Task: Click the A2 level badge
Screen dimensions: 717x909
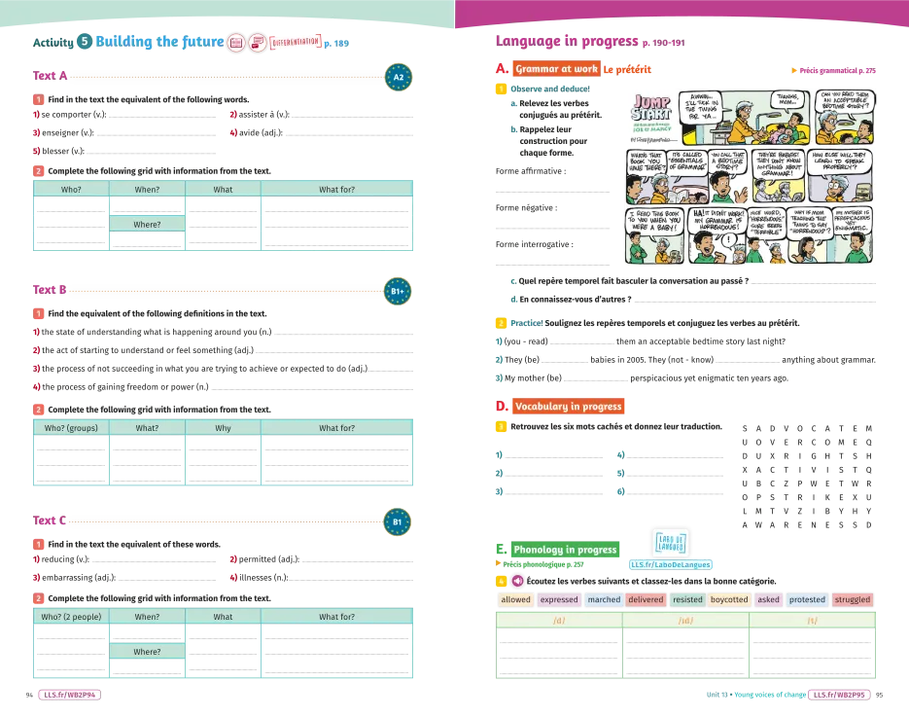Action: tap(398, 77)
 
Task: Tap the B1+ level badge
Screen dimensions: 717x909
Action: tap(398, 291)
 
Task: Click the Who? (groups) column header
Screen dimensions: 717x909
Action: tap(71, 428)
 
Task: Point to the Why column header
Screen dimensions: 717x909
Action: tap(223, 428)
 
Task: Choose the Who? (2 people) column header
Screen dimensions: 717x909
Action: tap(71, 617)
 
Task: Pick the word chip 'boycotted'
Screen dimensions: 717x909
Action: tap(729, 600)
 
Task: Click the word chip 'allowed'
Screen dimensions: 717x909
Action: tap(515, 600)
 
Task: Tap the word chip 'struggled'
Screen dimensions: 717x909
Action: tap(852, 600)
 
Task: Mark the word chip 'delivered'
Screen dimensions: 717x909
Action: tap(646, 600)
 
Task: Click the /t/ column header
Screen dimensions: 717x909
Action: tap(813, 621)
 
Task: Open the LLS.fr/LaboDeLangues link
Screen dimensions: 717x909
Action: tap(671, 564)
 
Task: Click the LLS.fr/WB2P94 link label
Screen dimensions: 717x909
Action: tap(70, 696)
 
